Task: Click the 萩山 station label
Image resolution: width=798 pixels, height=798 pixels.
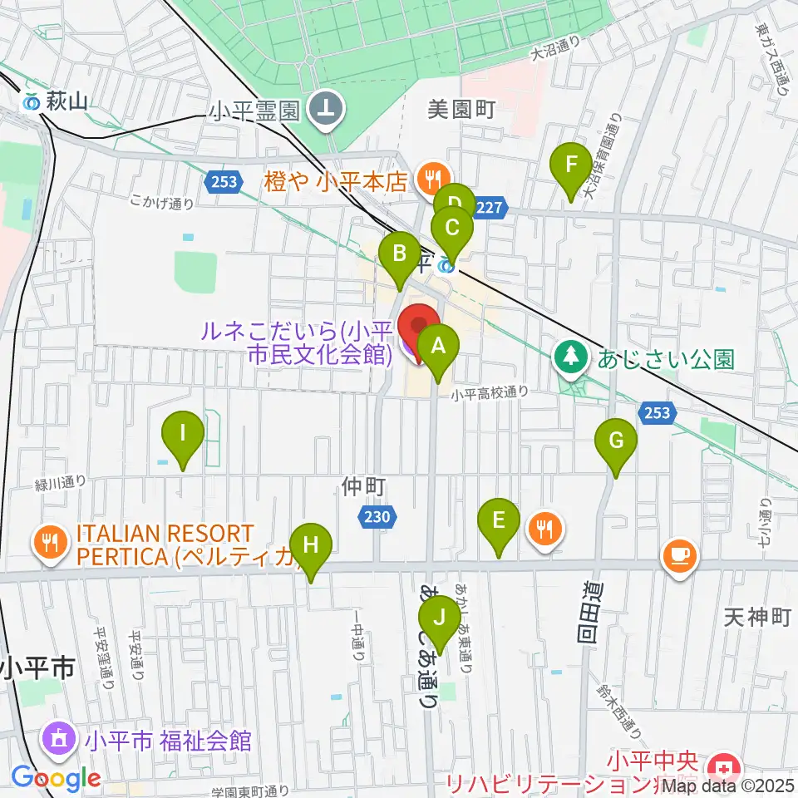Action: (x=57, y=101)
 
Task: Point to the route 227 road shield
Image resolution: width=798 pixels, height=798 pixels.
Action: (x=490, y=208)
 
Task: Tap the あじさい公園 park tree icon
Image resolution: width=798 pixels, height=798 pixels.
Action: (x=570, y=358)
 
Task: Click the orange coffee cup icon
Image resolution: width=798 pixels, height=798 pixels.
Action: (x=679, y=554)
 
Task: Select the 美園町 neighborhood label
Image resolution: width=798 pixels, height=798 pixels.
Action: (x=461, y=109)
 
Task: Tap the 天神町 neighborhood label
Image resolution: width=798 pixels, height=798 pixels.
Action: (x=755, y=616)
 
